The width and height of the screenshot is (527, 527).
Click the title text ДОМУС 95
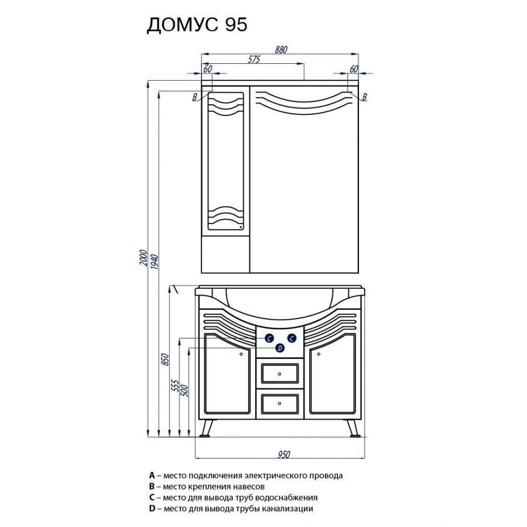[197, 25]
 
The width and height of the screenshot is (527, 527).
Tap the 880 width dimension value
[281, 50]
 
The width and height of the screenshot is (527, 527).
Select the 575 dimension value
[254, 60]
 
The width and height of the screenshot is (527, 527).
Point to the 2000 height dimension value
[143, 258]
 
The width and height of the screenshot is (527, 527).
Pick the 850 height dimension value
[165, 360]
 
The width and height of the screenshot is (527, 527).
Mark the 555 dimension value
[175, 385]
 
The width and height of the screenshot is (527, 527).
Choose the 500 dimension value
[185, 390]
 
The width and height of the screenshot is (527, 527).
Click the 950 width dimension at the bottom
[283, 454]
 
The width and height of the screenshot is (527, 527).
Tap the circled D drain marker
[280, 348]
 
